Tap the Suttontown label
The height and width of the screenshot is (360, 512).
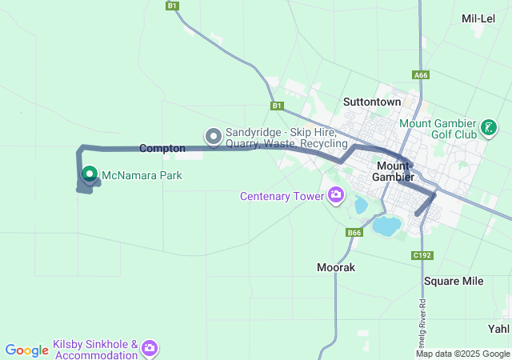click(x=371, y=102)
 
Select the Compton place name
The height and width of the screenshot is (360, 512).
click(x=162, y=148)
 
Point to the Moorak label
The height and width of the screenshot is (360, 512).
click(x=335, y=266)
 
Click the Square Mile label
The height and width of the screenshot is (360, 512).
click(x=454, y=281)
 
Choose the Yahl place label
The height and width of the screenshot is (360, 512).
click(x=498, y=328)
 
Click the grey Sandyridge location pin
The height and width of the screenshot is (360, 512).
click(x=214, y=137)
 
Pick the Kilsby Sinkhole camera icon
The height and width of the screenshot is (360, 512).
click(x=150, y=349)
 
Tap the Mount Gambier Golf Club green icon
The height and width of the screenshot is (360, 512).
click(x=488, y=127)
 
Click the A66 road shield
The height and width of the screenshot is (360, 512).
click(x=421, y=75)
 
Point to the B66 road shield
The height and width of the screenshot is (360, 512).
click(x=355, y=233)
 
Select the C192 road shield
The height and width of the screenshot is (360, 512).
click(x=422, y=255)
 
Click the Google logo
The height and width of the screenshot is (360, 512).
click(x=27, y=350)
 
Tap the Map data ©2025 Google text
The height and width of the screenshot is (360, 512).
click(x=462, y=354)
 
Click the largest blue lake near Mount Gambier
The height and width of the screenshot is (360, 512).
click(x=388, y=226)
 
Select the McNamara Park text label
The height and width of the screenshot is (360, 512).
click(x=142, y=174)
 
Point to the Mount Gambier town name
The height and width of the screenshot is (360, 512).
click(x=394, y=170)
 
